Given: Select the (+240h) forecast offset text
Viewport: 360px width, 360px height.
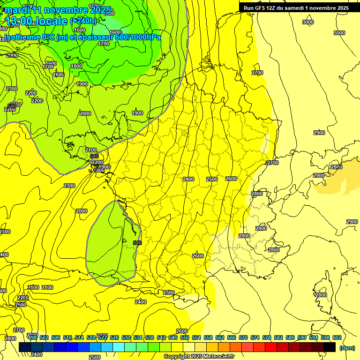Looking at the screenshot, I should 83,21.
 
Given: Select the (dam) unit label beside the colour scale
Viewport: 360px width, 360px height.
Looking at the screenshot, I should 347,347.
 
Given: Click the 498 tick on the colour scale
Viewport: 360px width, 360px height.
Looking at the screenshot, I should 32,337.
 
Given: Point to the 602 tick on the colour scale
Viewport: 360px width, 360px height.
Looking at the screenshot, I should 337,337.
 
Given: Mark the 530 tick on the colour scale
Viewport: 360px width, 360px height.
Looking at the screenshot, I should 126,337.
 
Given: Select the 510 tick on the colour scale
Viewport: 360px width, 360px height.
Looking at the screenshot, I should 67,337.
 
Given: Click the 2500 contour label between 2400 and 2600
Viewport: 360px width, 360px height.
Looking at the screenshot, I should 212,179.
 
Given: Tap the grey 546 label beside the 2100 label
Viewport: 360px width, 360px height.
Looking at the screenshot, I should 94,156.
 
